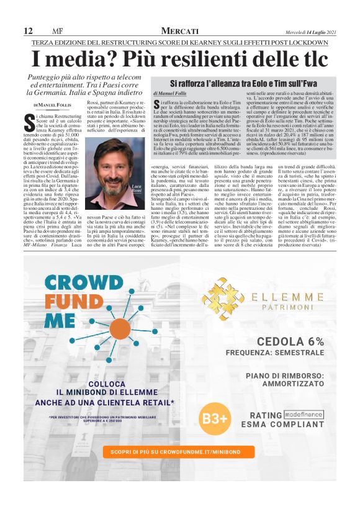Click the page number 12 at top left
click(x=28, y=31)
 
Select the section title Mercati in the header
click(x=179, y=31)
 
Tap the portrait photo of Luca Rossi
click(x=115, y=182)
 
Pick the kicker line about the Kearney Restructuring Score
click(x=180, y=42)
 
